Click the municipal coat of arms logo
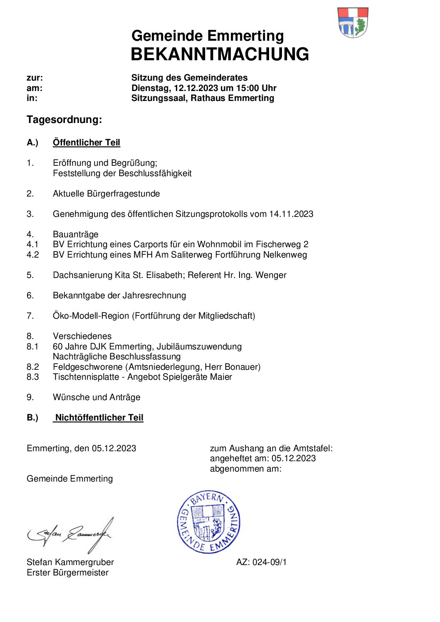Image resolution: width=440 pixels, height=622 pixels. [353, 22]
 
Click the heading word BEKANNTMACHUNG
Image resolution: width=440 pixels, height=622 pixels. [220, 54]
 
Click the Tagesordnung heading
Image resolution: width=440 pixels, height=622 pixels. [64, 120]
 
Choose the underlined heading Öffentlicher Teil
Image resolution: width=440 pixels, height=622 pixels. [86, 143]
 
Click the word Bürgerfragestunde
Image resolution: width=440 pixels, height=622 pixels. [123, 194]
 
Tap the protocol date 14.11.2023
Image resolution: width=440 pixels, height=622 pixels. [291, 214]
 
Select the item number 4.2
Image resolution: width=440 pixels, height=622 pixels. [32, 255]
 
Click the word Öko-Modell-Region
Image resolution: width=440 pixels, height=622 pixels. [91, 316]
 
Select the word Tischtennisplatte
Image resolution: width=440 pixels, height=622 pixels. [86, 377]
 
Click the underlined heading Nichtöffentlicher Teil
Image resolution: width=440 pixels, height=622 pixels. [99, 418]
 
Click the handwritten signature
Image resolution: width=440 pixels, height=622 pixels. [70, 534]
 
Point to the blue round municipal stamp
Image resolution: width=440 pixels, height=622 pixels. [209, 522]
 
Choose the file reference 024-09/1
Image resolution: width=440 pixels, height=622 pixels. [269, 562]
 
